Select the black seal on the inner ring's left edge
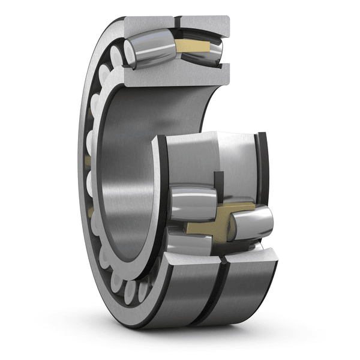click(x=161, y=174)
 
